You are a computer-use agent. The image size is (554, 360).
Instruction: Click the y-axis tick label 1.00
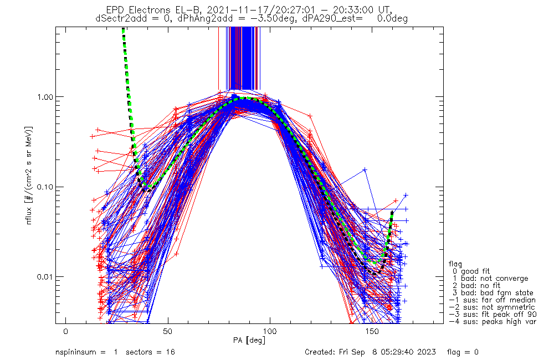(x=47, y=96)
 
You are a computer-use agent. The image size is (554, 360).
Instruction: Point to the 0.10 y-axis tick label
(x=47, y=187)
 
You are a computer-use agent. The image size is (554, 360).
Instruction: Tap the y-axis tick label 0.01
(x=47, y=276)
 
